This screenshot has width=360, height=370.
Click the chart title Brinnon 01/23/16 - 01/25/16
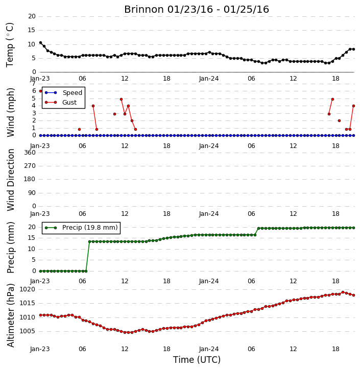(x=197, y=10)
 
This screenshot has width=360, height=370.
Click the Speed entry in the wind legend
(x=72, y=93)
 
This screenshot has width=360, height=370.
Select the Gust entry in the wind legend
(x=69, y=103)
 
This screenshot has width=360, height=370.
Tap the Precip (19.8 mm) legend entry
(x=90, y=228)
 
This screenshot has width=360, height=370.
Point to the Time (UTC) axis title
(x=197, y=360)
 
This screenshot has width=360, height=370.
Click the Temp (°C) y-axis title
(x=10, y=45)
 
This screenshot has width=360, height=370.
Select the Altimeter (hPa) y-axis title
(x=10, y=315)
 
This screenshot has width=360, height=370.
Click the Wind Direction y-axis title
(x=10, y=180)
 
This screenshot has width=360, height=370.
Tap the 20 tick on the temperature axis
(x=32, y=16)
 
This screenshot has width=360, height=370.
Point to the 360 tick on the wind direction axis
(x=30, y=153)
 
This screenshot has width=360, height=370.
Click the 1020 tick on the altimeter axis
(x=28, y=289)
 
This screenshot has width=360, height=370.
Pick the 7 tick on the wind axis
(x=34, y=84)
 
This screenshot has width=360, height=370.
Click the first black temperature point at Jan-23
(x=41, y=43)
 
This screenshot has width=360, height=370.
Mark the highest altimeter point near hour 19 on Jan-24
(x=343, y=292)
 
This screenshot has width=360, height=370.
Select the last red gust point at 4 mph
(x=354, y=106)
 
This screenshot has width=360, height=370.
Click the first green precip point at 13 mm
(x=89, y=241)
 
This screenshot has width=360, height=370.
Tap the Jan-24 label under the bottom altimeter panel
(x=209, y=349)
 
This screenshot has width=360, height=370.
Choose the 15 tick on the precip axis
(x=32, y=238)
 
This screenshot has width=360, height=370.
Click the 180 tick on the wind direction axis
(x=30, y=179)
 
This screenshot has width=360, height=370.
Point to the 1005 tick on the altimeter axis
(x=28, y=331)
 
